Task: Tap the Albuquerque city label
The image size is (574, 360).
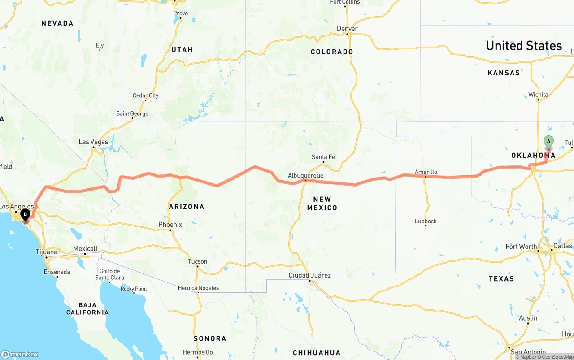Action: [305, 175]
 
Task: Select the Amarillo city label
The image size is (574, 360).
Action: [426, 172]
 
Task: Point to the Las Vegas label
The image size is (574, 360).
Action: [93, 142]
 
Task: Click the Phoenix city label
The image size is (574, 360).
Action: [170, 224]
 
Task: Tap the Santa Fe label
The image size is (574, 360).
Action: [323, 157]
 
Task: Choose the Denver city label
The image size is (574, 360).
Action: [347, 29]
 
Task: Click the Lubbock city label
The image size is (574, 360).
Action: [426, 221]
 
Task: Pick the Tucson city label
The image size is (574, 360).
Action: [197, 261]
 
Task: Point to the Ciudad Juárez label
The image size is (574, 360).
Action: [309, 275]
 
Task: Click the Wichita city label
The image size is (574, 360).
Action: [538, 95]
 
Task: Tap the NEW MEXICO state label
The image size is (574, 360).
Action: [322, 204]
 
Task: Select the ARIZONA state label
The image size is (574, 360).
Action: [187, 207]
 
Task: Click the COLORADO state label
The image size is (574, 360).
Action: [332, 52]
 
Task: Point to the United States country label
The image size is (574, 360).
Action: [524, 46]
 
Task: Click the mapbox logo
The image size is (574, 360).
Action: [19, 354]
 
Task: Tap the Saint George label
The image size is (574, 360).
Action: [132, 113]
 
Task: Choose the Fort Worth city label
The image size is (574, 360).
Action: [521, 247]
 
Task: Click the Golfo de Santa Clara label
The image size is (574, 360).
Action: [109, 274]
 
